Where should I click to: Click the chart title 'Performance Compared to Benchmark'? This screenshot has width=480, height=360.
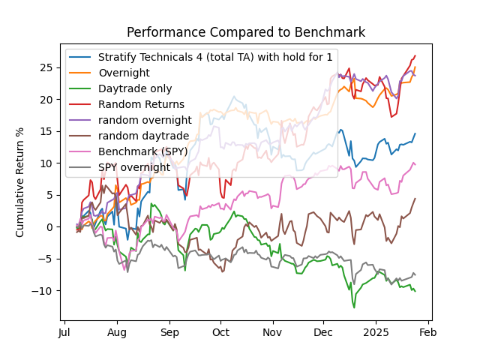(x=245, y=32)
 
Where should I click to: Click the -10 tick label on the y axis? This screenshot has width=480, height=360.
(x=44, y=291)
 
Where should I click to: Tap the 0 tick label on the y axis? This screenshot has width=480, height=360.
(x=49, y=227)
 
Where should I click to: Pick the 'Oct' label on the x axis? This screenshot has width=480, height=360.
(x=220, y=332)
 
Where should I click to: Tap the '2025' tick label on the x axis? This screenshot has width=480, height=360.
(x=376, y=332)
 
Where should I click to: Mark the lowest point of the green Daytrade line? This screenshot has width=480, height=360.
(x=354, y=307)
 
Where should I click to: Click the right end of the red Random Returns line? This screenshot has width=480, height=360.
(x=415, y=55)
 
